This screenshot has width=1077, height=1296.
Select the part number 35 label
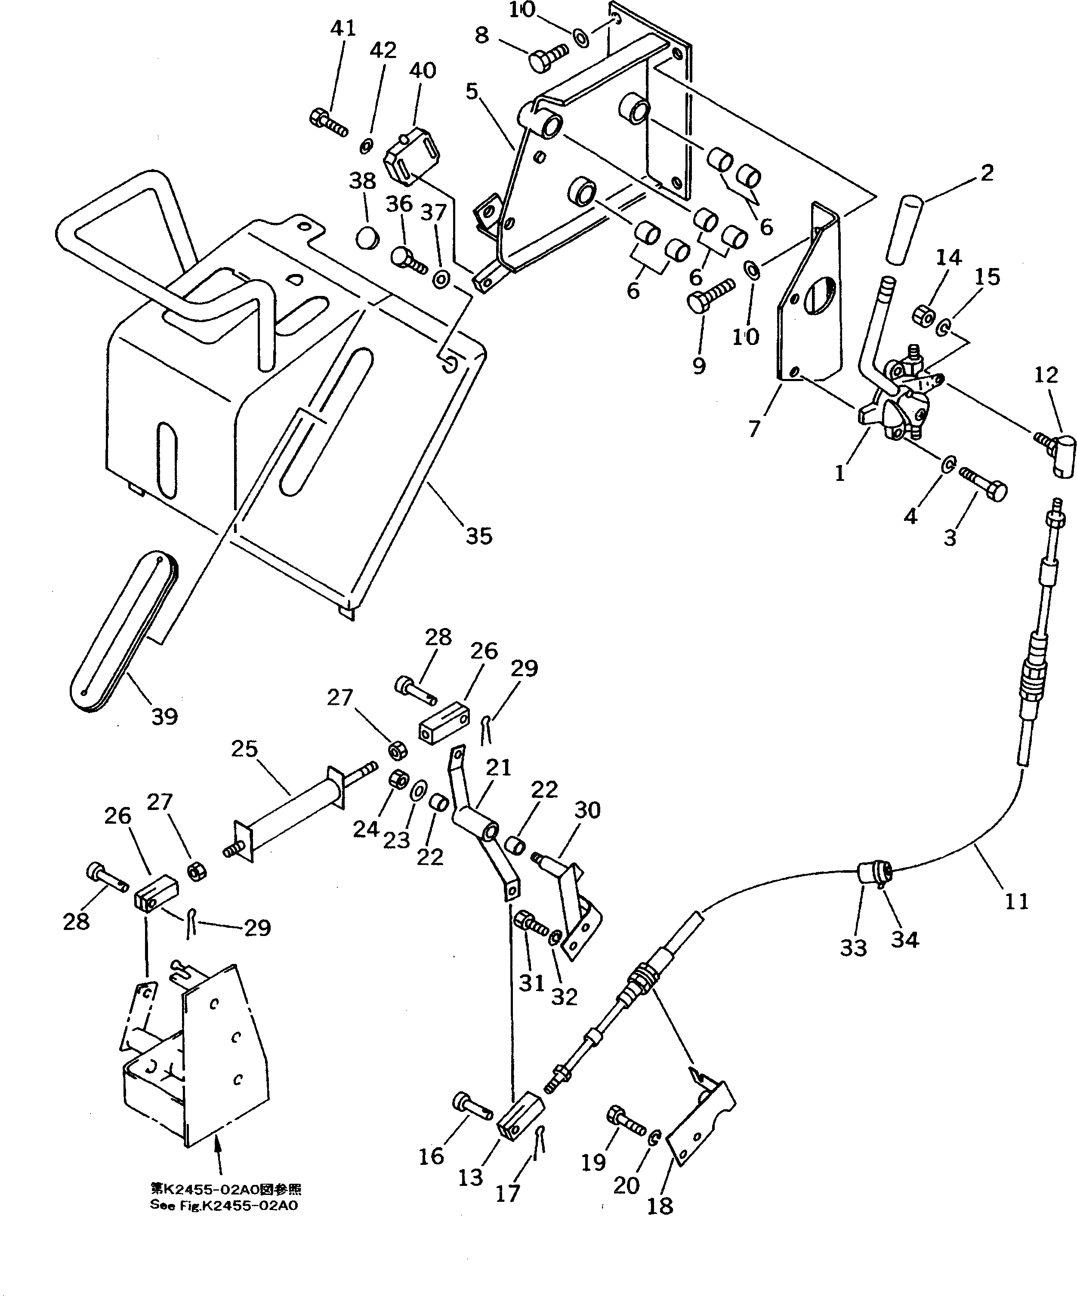(479, 536)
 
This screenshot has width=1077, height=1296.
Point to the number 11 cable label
(1016, 902)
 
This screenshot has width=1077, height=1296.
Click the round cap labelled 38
(367, 237)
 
